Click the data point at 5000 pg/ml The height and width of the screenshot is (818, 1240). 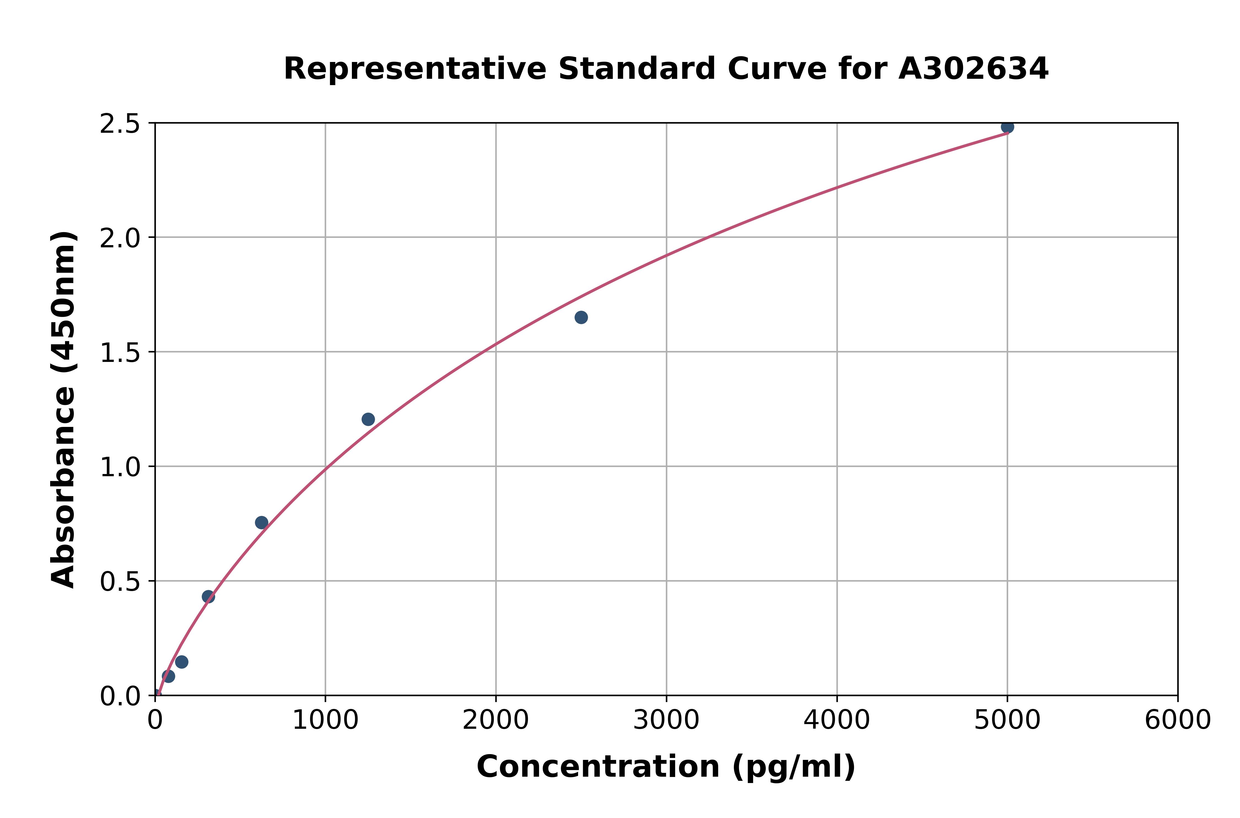(x=1007, y=127)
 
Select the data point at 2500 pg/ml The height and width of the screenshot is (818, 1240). (x=581, y=317)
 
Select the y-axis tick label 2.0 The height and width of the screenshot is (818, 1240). (x=120, y=239)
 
